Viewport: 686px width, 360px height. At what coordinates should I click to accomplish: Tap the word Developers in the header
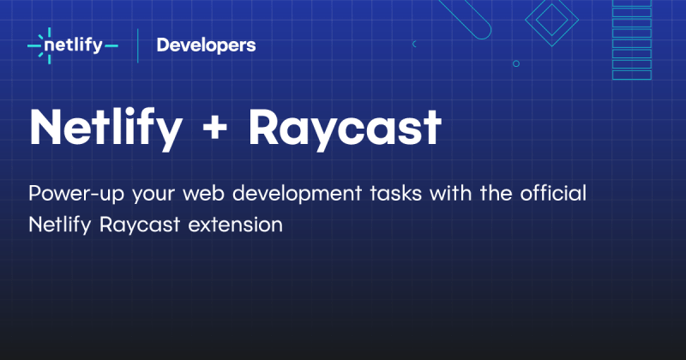(x=206, y=45)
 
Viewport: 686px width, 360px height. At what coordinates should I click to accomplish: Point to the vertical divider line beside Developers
(x=138, y=45)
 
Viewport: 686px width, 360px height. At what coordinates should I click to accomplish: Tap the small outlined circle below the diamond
(x=515, y=63)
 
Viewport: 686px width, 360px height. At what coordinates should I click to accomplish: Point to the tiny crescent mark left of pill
(x=414, y=43)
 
